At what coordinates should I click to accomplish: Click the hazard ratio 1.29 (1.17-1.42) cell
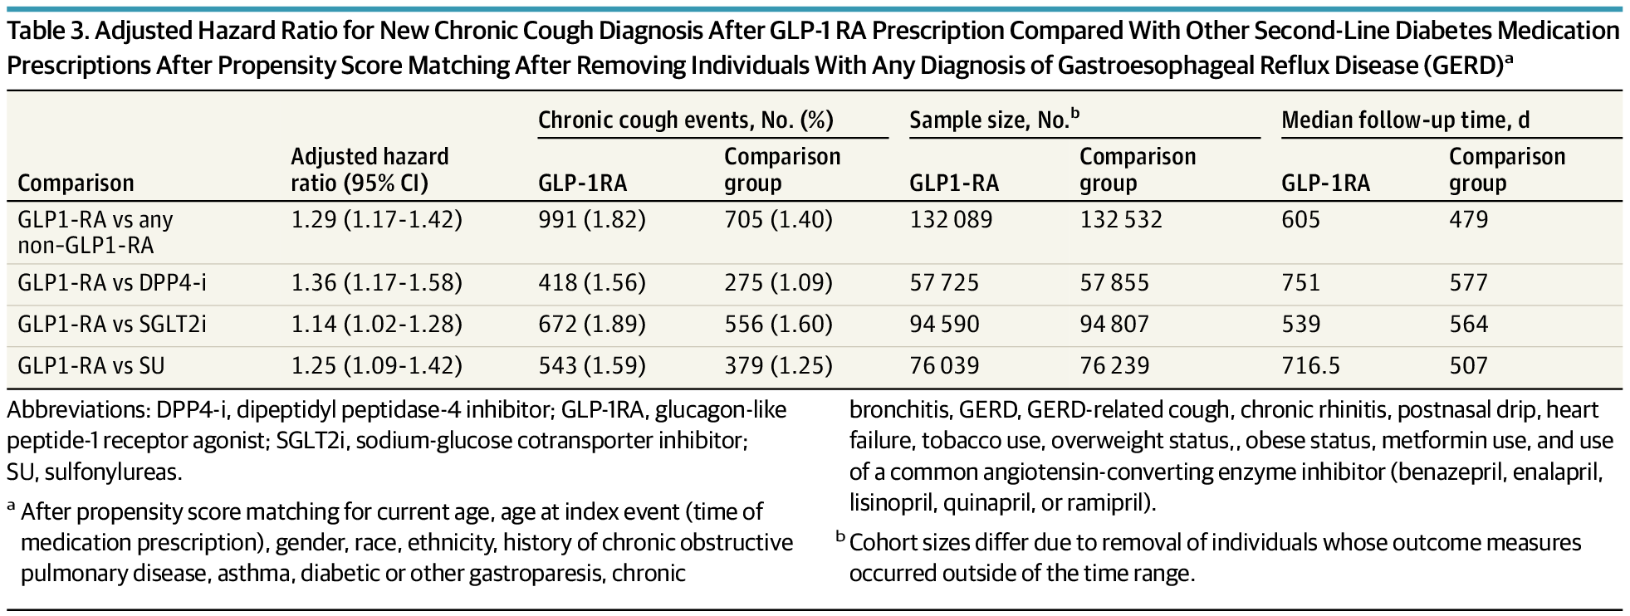376,220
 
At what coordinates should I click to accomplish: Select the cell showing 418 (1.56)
591,283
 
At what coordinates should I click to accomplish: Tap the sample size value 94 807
1114,324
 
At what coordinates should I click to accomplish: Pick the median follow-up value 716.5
1311,365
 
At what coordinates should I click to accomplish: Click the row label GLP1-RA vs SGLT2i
111,324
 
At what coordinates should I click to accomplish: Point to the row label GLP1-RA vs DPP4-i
112,283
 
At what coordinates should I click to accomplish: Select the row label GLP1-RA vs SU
95,365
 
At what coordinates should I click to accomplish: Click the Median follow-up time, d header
1405,120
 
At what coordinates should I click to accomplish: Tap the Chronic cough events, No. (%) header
685,120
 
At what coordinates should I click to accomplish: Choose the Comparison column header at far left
76,183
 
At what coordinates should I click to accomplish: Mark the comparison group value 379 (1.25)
778,365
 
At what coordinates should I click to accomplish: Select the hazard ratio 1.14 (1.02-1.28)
376,324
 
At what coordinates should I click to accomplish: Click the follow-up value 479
1468,220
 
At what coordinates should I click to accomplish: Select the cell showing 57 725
944,283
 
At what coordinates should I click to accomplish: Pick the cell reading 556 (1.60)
778,324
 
